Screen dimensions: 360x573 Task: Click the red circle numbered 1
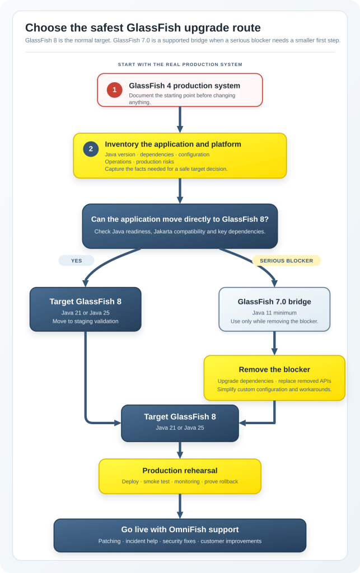point(114,90)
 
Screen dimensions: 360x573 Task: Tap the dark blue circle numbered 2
point(91,149)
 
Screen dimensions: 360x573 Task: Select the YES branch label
point(76,261)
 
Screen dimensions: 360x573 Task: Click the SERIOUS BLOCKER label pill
point(287,261)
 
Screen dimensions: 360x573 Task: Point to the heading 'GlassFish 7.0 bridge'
point(274,302)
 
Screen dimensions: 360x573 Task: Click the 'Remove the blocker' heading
point(274,369)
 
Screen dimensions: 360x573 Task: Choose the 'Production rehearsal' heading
point(180,471)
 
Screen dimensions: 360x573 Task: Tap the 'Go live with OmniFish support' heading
point(180,529)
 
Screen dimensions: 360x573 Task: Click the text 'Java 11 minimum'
point(274,313)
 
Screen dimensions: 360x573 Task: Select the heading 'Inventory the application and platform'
point(173,144)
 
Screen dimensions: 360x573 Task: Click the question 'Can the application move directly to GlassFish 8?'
point(180,219)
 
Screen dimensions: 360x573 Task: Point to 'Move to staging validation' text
point(86,321)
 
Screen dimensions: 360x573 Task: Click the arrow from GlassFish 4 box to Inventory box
point(180,120)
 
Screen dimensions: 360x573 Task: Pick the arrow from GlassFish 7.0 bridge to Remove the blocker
point(274,344)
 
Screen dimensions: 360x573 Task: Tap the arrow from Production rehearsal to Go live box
point(180,506)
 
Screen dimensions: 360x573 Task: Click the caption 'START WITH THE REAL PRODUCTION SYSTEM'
point(180,64)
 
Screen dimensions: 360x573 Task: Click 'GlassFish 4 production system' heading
point(185,86)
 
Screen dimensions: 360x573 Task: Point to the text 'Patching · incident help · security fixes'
point(147,541)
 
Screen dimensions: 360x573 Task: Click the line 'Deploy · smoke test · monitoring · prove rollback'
point(180,482)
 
